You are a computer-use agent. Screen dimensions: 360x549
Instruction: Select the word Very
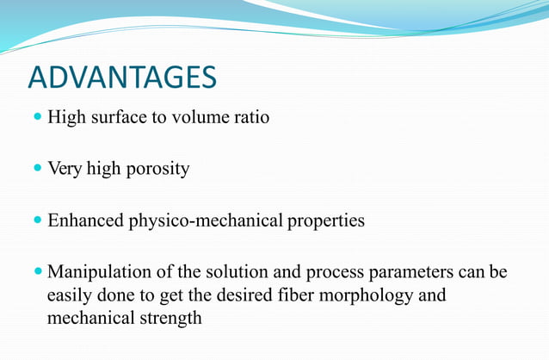coord(63,169)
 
